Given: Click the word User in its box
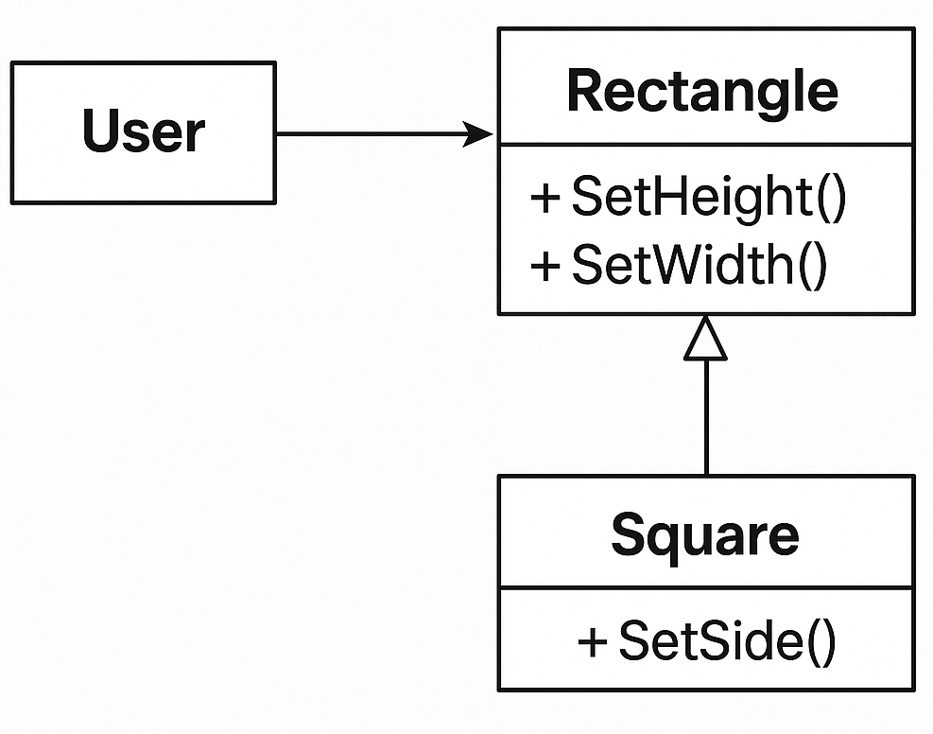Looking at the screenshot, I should click(x=143, y=131).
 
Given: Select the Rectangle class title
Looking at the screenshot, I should click(x=701, y=91).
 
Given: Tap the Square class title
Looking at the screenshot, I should click(x=704, y=535).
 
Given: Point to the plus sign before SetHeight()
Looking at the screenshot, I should click(x=545, y=200).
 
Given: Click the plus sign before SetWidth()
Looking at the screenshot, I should click(x=545, y=266).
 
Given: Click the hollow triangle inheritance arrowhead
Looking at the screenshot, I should click(x=705, y=340).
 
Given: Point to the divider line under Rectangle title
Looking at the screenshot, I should click(x=705, y=146).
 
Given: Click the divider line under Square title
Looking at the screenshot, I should click(x=705, y=588).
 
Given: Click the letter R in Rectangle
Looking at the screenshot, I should click(x=584, y=91).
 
